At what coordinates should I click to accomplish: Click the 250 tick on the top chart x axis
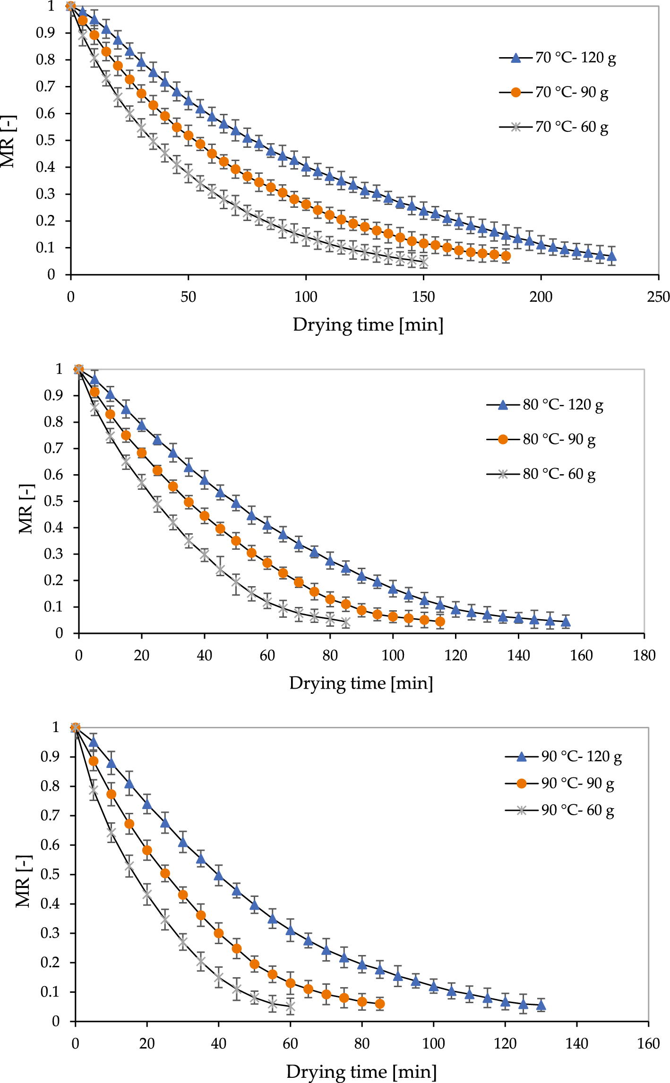pyautogui.click(x=658, y=297)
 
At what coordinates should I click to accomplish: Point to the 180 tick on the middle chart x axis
pyautogui.click(x=644, y=656)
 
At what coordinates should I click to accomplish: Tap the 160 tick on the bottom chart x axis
pyautogui.click(x=648, y=1043)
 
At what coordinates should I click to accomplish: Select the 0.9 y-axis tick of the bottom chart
pyautogui.click(x=50, y=757)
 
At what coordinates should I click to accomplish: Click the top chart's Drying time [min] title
pyautogui.click(x=368, y=325)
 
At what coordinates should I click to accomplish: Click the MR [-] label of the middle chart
pyautogui.click(x=26, y=509)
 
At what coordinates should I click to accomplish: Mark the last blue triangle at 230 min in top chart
pyautogui.click(x=611, y=256)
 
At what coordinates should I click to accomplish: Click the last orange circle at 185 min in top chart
pyautogui.click(x=506, y=256)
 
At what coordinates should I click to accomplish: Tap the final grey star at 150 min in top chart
pyautogui.click(x=423, y=261)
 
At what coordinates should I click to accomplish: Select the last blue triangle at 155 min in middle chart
pyautogui.click(x=566, y=622)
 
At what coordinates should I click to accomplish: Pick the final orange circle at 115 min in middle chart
pyautogui.click(x=440, y=622)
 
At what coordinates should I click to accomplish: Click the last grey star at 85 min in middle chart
pyautogui.click(x=346, y=623)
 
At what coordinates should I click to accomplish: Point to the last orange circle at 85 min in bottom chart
pyautogui.click(x=379, y=1004)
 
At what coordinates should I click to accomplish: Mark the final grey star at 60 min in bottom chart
pyautogui.click(x=290, y=1007)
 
